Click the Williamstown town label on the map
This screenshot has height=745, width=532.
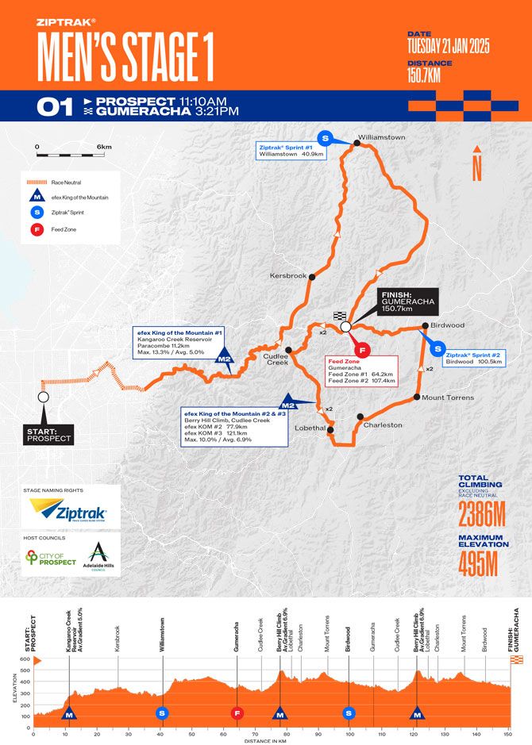click(382, 137)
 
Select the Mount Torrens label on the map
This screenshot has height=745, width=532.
click(448, 397)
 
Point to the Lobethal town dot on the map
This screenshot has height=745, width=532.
click(330, 431)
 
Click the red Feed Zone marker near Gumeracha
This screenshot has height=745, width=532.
click(361, 349)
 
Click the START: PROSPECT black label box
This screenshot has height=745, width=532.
click(49, 434)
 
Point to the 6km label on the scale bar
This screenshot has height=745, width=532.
click(105, 148)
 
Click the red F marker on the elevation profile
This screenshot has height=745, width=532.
click(237, 713)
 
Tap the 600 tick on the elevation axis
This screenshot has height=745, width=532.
click(25, 659)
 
